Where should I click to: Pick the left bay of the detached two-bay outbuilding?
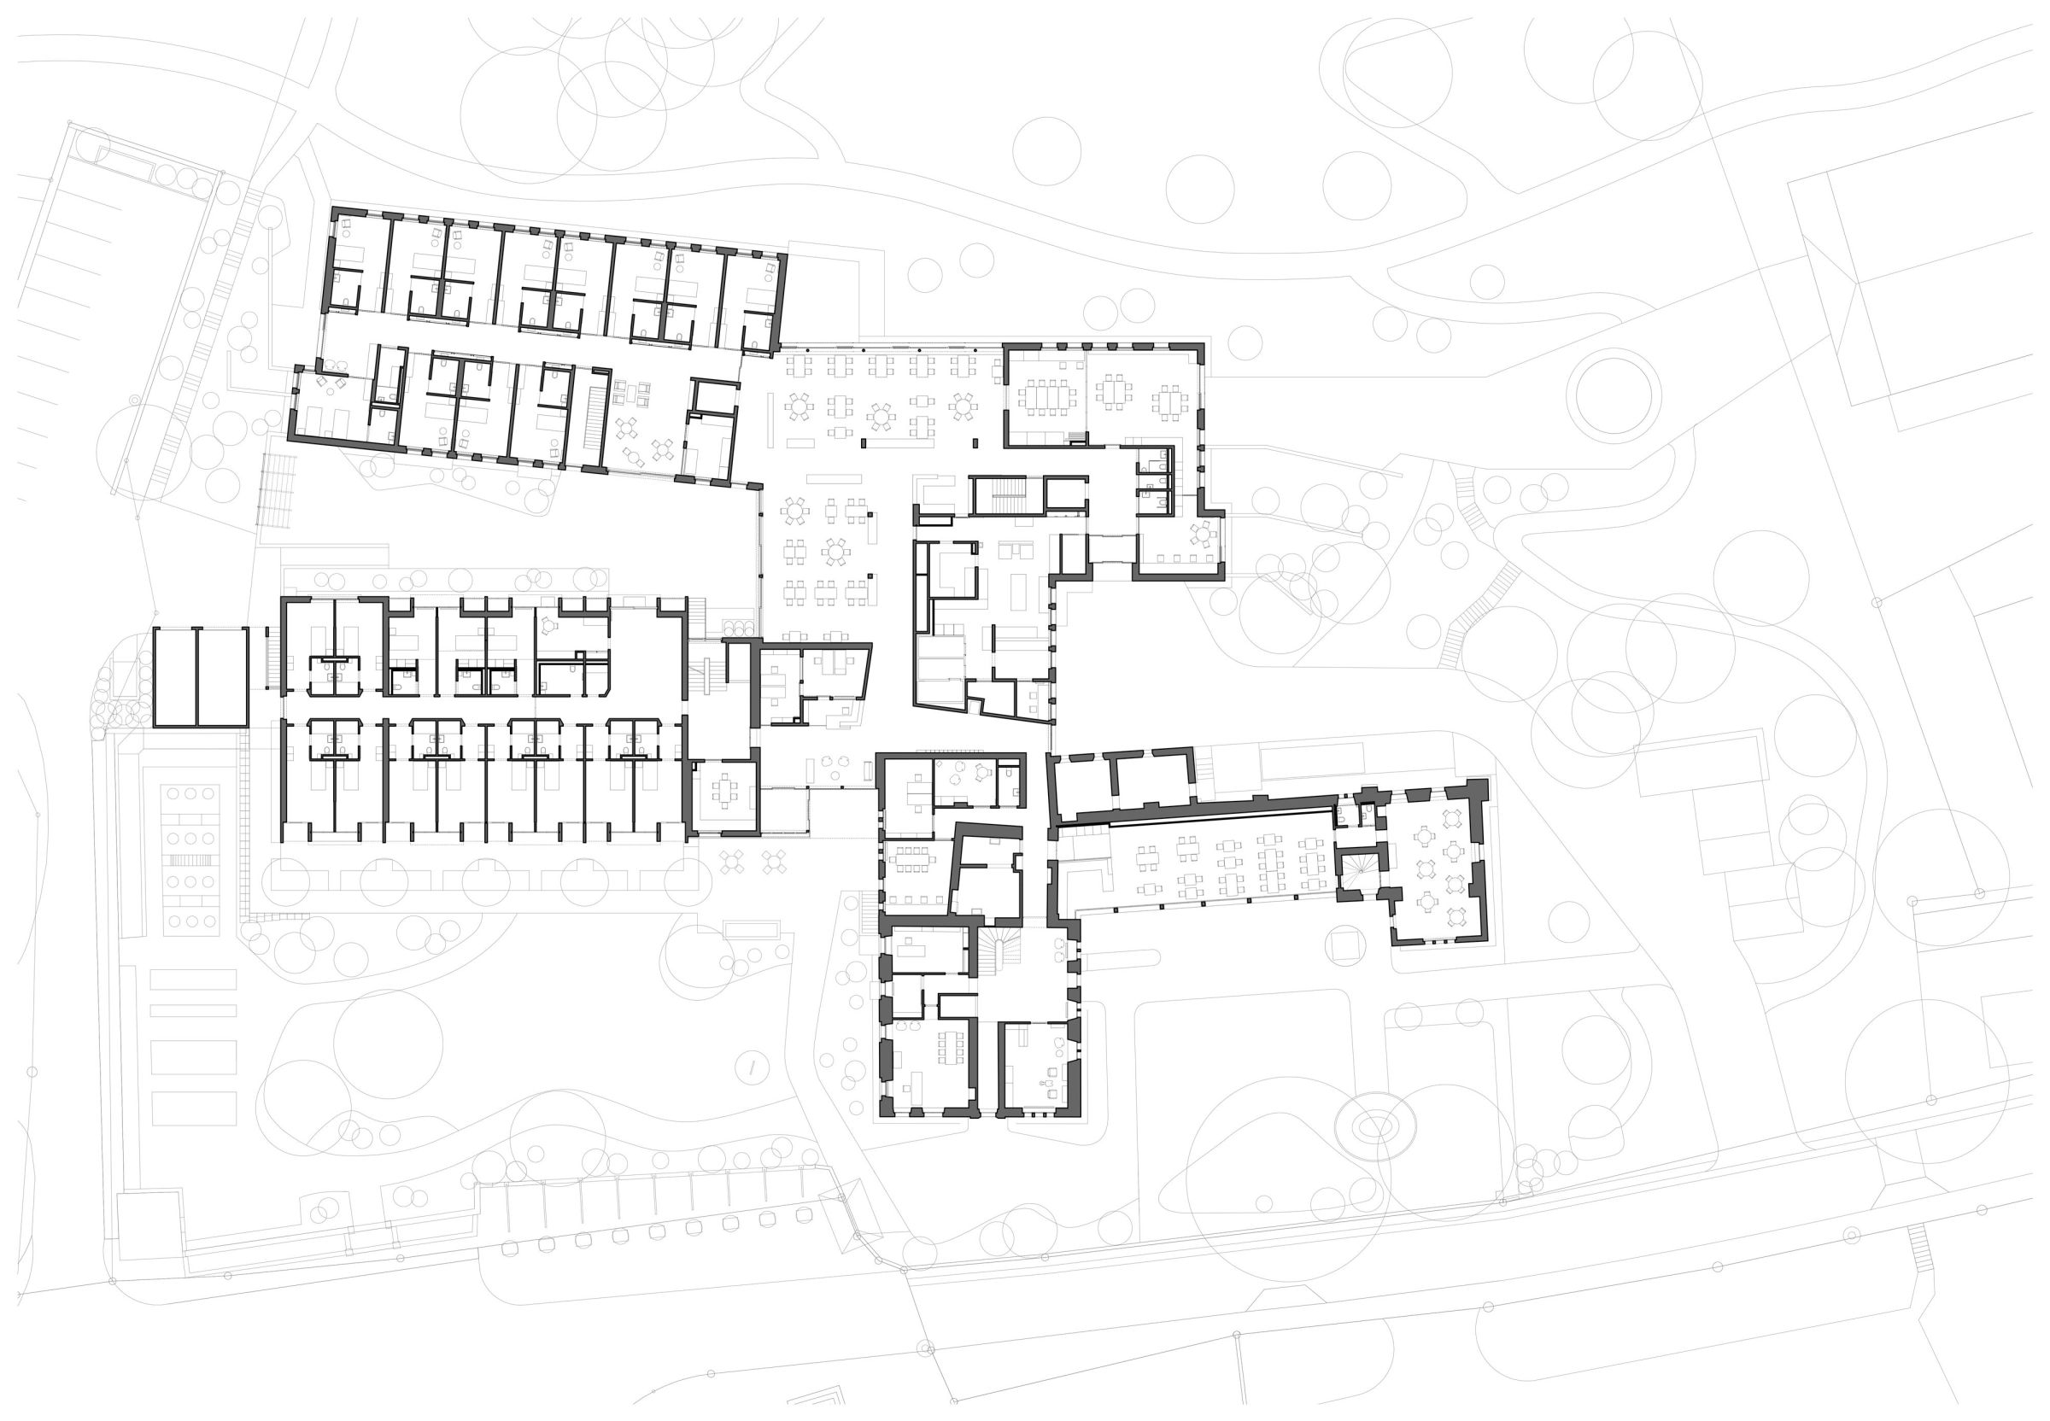click(174, 676)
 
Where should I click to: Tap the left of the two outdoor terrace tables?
click(731, 861)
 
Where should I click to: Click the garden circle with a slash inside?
click(753, 1066)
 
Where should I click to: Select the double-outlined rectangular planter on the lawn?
click(752, 931)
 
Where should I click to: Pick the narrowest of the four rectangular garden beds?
click(193, 1009)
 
